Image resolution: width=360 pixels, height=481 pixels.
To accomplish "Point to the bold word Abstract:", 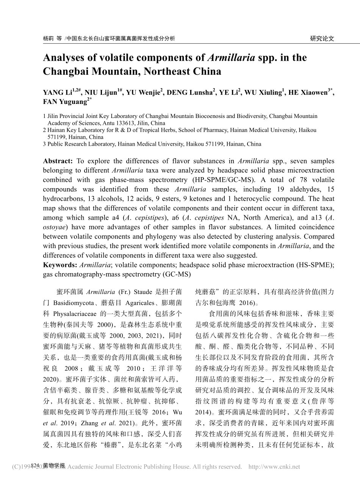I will (x=58, y=161).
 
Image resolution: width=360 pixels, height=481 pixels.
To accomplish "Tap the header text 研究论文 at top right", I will (x=322, y=38).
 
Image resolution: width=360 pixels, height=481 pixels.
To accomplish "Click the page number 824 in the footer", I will (x=36, y=465).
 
